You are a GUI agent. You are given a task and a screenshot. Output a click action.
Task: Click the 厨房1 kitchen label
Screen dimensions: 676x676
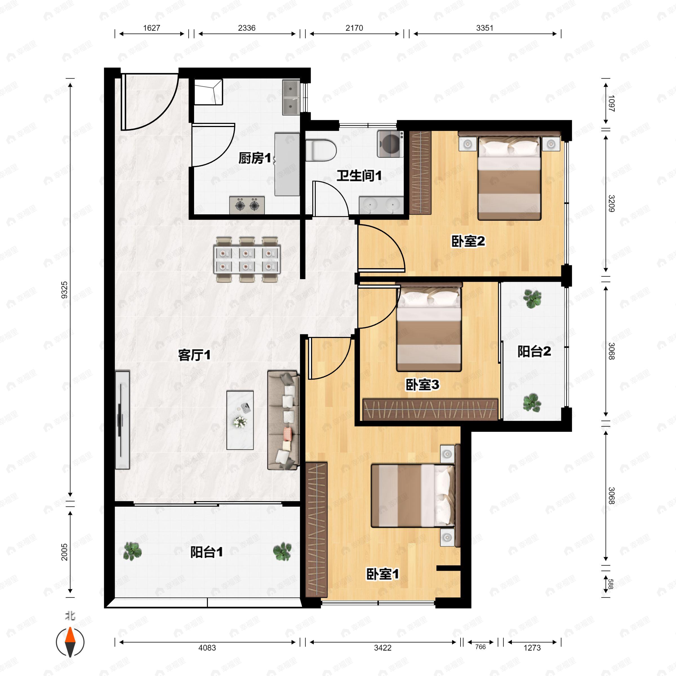tap(255, 159)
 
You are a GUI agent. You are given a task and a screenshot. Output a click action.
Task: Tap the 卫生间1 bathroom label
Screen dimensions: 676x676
tap(359, 176)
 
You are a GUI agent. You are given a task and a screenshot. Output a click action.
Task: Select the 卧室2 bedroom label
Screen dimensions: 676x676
tap(468, 241)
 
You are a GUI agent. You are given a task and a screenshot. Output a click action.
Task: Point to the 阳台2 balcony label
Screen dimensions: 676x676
tap(534, 351)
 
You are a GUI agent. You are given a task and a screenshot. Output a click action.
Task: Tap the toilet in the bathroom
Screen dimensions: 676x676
tap(321, 150)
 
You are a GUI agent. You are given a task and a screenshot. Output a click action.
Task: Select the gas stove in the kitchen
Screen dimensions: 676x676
tap(247, 205)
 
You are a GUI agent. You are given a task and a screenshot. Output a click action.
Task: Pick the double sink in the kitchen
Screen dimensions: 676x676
tap(291, 98)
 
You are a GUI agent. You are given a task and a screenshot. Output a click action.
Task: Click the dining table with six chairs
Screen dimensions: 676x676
tap(247, 260)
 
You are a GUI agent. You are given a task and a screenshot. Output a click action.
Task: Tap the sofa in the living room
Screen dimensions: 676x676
tap(283, 420)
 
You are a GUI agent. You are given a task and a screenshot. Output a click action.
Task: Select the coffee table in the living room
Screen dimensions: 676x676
tap(240, 420)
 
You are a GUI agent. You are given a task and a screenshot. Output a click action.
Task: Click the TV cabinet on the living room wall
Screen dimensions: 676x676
tap(123, 420)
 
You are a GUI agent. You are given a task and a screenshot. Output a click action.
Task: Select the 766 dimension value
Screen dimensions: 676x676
tap(481, 647)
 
